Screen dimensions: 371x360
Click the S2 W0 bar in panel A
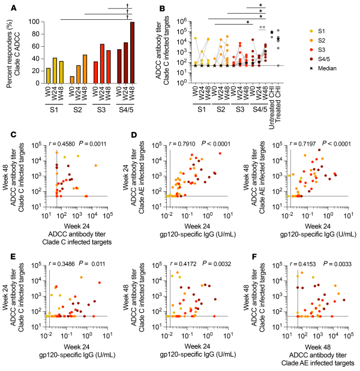coord(73,79)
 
